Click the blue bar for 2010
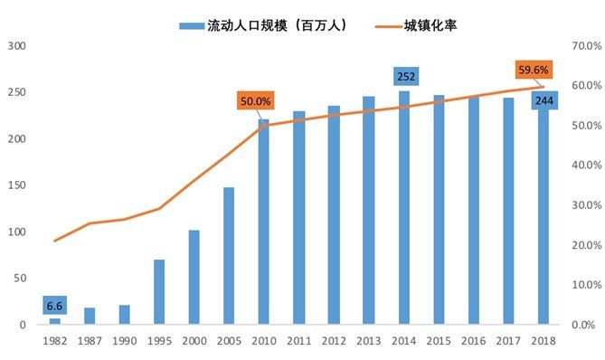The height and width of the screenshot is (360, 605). click(264, 222)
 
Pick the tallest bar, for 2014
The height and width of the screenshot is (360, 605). click(403, 208)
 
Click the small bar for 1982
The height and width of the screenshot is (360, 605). click(54, 321)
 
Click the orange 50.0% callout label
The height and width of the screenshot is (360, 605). click(254, 100)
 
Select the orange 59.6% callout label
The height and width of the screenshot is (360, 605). click(533, 69)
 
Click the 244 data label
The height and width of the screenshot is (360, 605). click(545, 99)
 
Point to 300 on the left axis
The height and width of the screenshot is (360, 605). click(18, 45)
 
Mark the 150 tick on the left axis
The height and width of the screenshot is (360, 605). click(18, 185)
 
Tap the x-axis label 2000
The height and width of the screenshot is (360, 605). click(194, 340)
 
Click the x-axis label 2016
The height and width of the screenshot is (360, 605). click(473, 340)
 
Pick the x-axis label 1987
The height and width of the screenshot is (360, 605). click(89, 340)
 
